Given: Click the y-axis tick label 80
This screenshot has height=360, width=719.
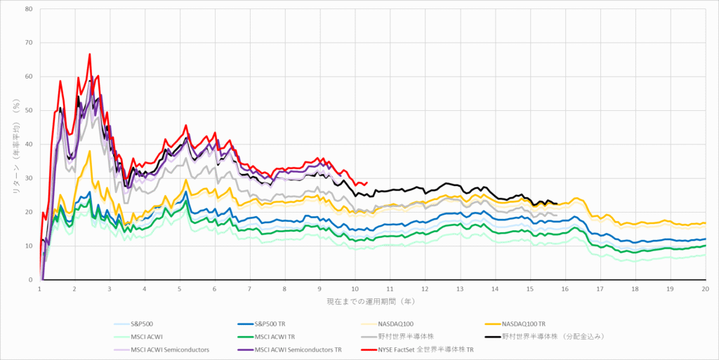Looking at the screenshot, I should (29, 9).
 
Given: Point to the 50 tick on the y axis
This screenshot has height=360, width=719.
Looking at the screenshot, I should (29, 111).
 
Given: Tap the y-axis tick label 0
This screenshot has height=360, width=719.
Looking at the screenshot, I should (31, 280).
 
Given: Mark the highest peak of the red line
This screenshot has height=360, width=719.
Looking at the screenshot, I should (90, 53).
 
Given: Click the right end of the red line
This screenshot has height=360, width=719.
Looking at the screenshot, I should (367, 182).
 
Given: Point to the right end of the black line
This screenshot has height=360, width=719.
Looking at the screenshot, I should (557, 204).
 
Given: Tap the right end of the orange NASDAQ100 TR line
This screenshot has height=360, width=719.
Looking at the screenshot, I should (705, 223).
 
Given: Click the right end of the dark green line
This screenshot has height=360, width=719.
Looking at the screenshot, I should (705, 246).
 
